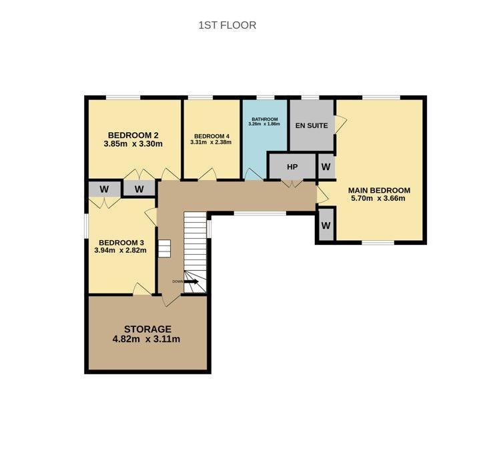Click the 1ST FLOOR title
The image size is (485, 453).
pyautogui.click(x=227, y=25)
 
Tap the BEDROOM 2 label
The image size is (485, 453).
pyautogui.click(x=133, y=135)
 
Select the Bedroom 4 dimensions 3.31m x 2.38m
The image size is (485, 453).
pyautogui.click(x=211, y=142)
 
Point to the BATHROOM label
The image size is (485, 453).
pyautogui.click(x=265, y=119)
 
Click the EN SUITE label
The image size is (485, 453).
pyautogui.click(x=312, y=125)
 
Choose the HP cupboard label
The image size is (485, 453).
pyautogui.click(x=292, y=167)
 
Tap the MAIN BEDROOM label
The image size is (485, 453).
pyautogui.click(x=379, y=190)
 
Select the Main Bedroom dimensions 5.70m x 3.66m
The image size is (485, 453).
pyautogui.click(x=378, y=198)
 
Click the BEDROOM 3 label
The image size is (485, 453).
pyautogui.click(x=121, y=243)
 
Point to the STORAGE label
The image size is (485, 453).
pyautogui.click(x=147, y=329)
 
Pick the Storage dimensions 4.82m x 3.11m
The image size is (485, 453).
pyautogui.click(x=146, y=339)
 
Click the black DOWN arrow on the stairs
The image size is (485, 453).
pyautogui.click(x=191, y=282)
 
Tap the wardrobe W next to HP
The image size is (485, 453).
pyautogui.click(x=326, y=167)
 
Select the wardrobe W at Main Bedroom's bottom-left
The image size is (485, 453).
pyautogui.click(x=326, y=225)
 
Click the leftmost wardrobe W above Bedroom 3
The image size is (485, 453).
pyautogui.click(x=104, y=189)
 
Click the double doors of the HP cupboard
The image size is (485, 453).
pyautogui.click(x=292, y=183)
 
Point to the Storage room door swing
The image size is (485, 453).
pyautogui.click(x=171, y=300)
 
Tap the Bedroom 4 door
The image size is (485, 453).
pyautogui.click(x=207, y=174)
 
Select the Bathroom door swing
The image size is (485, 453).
pyautogui.click(x=254, y=174)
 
